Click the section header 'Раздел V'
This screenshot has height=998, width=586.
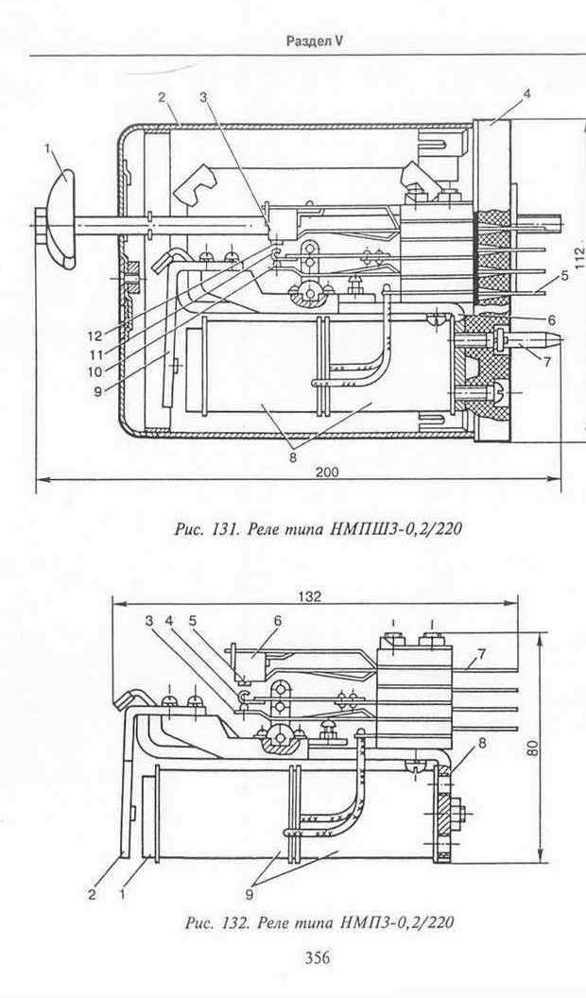[x=315, y=42]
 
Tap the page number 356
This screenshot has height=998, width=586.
[x=318, y=956]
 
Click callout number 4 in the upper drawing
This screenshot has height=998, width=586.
[x=526, y=95]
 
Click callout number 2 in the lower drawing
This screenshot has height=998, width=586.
[x=93, y=894]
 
